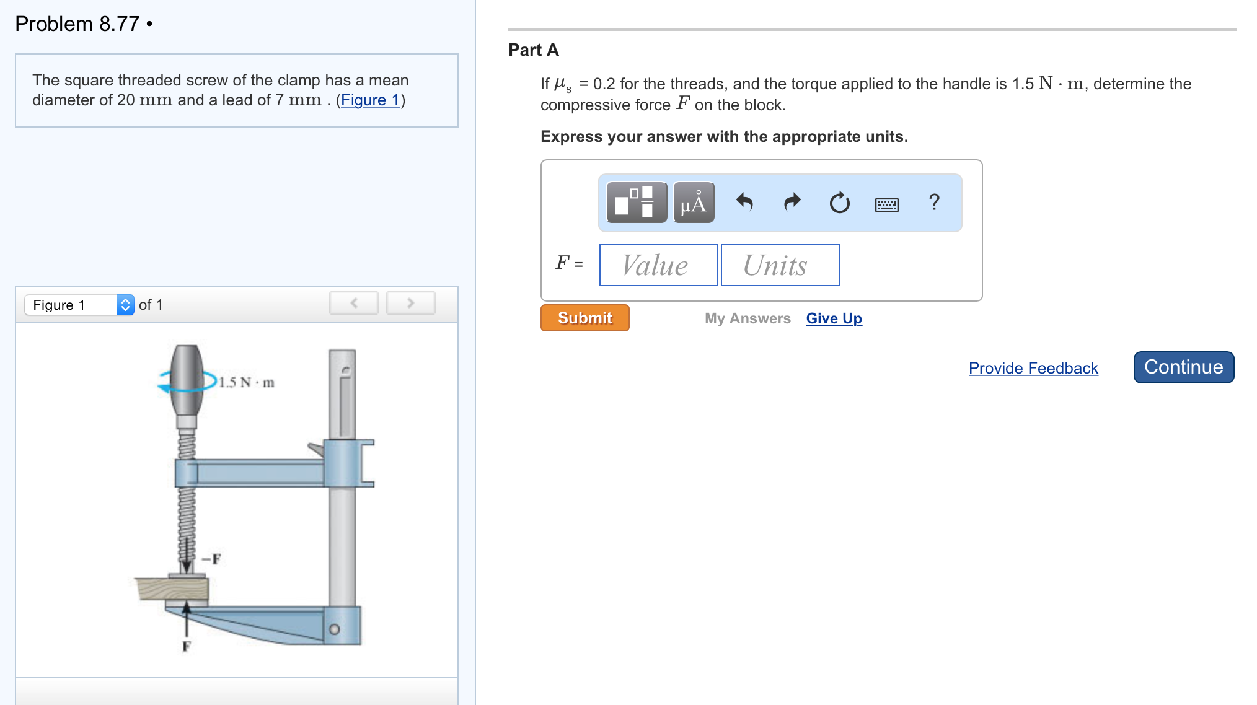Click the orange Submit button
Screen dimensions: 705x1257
(584, 318)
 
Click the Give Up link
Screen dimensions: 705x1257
(834, 318)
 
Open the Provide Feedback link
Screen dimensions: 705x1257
(1033, 368)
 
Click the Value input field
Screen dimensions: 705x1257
(658, 265)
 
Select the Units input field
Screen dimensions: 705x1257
(780, 265)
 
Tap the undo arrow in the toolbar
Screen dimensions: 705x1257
(744, 203)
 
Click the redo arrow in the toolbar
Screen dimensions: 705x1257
(792, 203)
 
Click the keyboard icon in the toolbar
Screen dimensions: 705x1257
(886, 204)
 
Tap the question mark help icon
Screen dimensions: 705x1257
(934, 202)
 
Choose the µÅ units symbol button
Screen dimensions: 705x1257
(694, 203)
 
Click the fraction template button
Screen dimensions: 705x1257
(636, 203)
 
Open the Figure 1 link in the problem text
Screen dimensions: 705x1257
(370, 100)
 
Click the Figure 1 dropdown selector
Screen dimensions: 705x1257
(79, 305)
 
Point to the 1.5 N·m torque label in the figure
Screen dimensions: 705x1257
(247, 382)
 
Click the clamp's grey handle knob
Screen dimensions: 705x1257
(187, 380)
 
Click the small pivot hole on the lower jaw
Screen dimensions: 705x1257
(334, 629)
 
